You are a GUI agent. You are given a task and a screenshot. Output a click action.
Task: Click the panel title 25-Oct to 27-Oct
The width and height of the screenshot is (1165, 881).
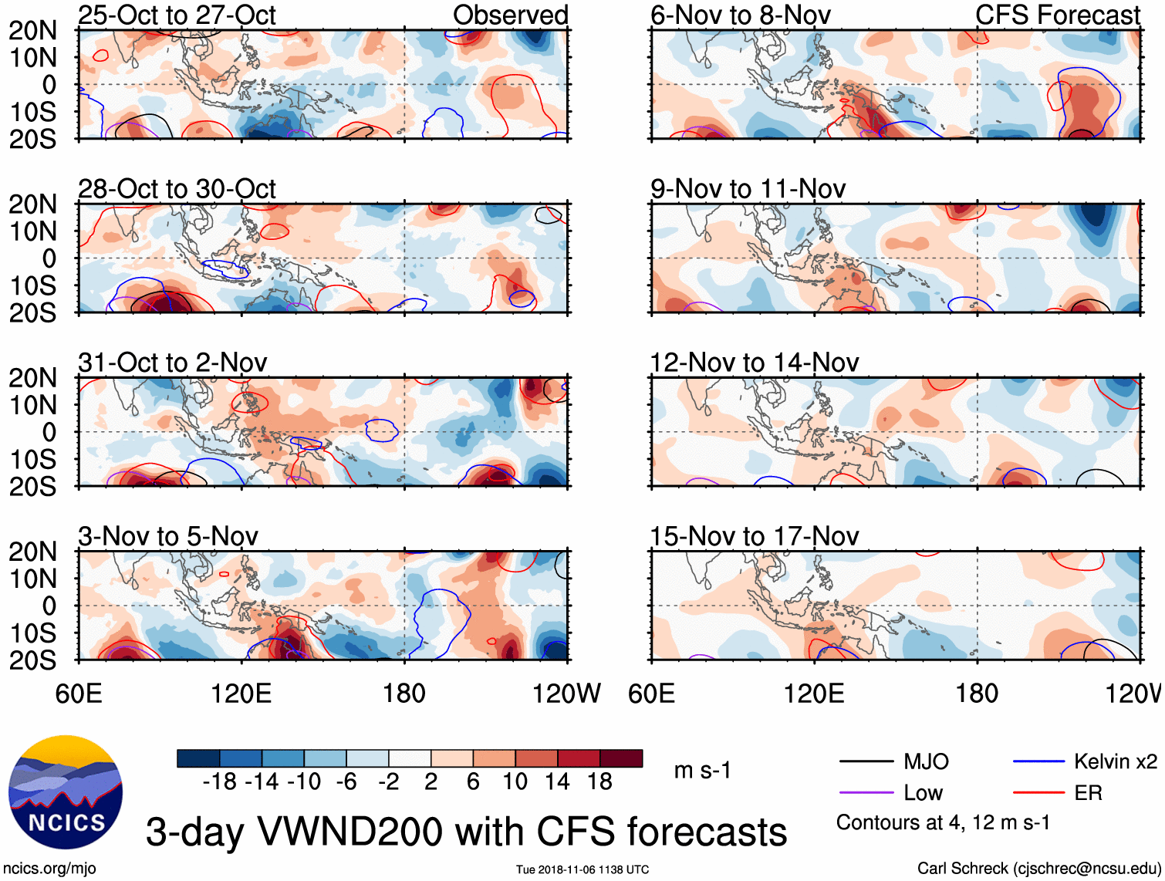pyautogui.click(x=177, y=15)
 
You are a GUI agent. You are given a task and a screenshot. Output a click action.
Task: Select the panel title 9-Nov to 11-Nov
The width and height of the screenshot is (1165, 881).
pyautogui.click(x=748, y=189)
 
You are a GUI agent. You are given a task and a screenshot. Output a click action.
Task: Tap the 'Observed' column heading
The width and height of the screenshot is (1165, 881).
pyautogui.click(x=510, y=15)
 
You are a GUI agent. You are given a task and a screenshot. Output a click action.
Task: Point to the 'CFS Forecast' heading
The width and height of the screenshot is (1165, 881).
pyautogui.click(x=1058, y=15)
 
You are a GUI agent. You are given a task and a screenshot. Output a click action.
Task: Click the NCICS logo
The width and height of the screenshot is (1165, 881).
pyautogui.click(x=66, y=792)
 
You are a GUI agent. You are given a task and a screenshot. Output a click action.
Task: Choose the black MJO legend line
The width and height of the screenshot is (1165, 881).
pyautogui.click(x=866, y=762)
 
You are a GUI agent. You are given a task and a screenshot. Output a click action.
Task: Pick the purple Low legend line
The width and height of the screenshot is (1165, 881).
pyautogui.click(x=866, y=793)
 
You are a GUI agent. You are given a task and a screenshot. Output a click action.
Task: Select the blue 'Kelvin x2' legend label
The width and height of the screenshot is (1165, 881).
pyautogui.click(x=1115, y=762)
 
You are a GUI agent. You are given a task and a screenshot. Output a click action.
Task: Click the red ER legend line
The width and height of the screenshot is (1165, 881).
pyautogui.click(x=1038, y=793)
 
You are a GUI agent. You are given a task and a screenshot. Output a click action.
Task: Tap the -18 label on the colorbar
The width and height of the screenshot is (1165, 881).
pyautogui.click(x=219, y=782)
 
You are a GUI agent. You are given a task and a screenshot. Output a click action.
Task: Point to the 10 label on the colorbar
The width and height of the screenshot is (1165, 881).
pyautogui.click(x=515, y=782)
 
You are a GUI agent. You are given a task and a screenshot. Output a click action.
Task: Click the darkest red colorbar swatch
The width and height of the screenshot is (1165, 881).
pyautogui.click(x=621, y=758)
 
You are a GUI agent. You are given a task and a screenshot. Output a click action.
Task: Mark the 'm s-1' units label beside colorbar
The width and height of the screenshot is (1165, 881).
pyautogui.click(x=702, y=771)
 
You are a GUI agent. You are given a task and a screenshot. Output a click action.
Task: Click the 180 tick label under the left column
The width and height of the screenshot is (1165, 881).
pyautogui.click(x=404, y=694)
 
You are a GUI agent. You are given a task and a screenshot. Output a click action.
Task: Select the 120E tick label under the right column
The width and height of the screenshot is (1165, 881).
pyautogui.click(x=814, y=694)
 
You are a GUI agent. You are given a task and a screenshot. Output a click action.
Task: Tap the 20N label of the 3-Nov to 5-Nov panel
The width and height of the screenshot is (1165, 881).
pyautogui.click(x=32, y=552)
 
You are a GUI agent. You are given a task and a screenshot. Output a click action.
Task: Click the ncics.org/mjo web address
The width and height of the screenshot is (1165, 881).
pyautogui.click(x=49, y=869)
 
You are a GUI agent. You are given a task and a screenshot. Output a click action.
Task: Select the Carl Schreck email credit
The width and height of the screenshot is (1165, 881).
pyautogui.click(x=1038, y=869)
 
